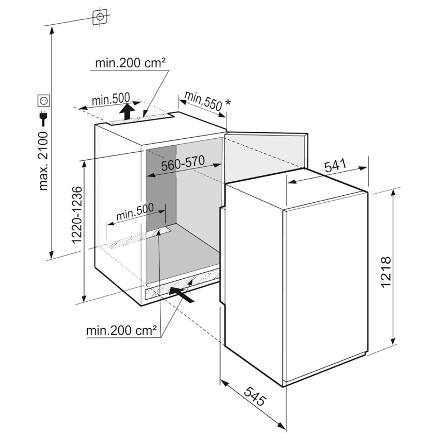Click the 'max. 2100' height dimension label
point(44,161)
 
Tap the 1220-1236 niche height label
point(77,215)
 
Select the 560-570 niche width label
point(183,163)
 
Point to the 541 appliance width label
point(335,166)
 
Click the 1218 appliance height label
point(386,271)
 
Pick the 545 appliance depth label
point(254,396)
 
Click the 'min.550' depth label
point(203,101)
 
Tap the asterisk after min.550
point(228,102)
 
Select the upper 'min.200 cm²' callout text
point(131,63)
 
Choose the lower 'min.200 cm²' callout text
point(121,331)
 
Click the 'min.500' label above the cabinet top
point(111,99)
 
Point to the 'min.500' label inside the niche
point(135,211)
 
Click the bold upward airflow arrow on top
point(126,111)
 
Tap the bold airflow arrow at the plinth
point(181,294)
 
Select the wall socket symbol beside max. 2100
point(44,101)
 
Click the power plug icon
point(44,118)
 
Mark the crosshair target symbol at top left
point(100,17)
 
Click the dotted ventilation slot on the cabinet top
point(140,119)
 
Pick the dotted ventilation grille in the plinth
point(182,284)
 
